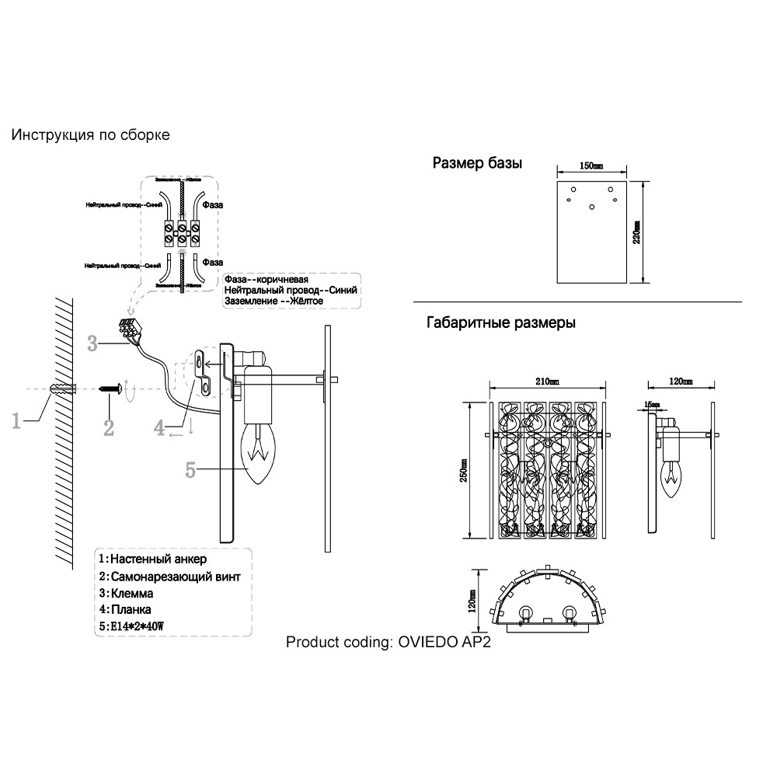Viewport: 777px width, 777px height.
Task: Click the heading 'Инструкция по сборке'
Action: coord(90,135)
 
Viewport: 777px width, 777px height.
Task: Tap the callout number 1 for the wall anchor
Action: coord(16,420)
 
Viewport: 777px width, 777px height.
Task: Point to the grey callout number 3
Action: coord(92,343)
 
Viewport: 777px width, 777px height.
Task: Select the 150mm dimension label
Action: coord(592,166)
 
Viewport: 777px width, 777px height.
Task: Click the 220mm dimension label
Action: coord(637,232)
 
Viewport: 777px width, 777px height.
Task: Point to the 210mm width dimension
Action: coord(547,382)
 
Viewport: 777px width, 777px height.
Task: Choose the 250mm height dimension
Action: coord(465,469)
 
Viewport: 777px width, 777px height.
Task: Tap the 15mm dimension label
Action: coord(651,404)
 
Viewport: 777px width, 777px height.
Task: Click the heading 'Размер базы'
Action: coord(476,164)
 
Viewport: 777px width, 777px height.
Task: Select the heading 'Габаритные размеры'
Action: coord(501,323)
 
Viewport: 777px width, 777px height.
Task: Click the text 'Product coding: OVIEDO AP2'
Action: coord(388,643)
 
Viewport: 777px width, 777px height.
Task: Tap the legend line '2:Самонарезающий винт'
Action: coord(170,577)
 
